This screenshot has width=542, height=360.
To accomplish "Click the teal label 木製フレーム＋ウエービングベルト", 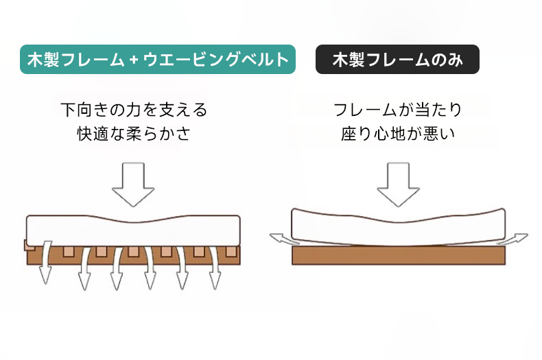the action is click(158, 59).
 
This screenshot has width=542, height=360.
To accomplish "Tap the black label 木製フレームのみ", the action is click(397, 59).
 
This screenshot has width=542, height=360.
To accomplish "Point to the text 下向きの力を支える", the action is click(134, 110).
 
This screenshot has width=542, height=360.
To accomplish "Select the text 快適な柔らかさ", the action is click(134, 133).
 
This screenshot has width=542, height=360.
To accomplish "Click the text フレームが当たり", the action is click(397, 110).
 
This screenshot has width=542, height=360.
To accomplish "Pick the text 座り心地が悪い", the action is click(397, 133).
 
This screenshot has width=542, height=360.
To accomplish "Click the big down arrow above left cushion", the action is click(133, 184).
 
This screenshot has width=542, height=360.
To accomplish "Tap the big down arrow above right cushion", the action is click(398, 184).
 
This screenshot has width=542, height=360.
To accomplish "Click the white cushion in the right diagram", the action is click(398, 227).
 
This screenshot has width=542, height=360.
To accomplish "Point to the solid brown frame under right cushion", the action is click(399, 255).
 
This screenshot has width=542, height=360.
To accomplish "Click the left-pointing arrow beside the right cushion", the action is click(281, 238).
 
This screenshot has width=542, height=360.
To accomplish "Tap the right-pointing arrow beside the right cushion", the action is click(513, 239).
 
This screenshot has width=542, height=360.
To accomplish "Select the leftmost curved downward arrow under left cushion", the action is click(45, 263).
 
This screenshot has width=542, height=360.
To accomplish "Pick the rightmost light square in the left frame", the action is click(231, 252).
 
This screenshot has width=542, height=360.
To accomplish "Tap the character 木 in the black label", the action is click(340, 60).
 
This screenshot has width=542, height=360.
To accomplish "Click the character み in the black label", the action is click(455, 60).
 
